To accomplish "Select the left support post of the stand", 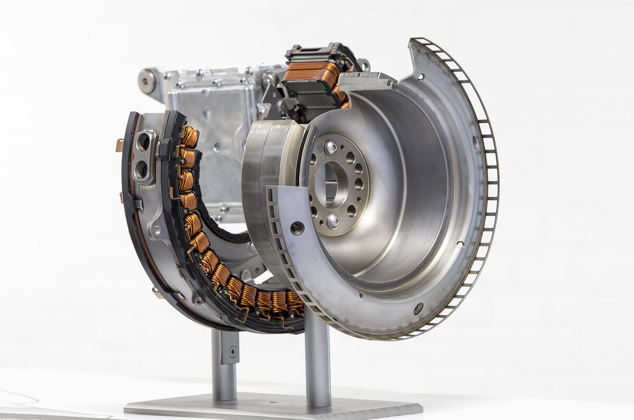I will click(x=223, y=365).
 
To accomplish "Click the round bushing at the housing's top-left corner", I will click(x=146, y=81).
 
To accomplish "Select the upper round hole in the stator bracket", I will click(x=143, y=142).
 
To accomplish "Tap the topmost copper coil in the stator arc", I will click(x=189, y=137).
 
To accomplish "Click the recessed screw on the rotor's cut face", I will click(x=297, y=228).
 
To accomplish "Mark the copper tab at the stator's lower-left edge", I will click(x=157, y=291).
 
